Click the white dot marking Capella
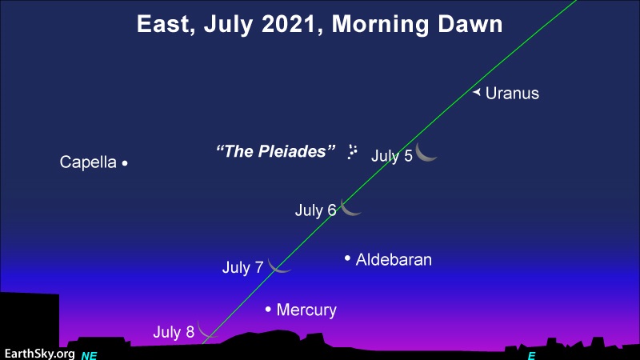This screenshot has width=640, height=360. tap(125, 163)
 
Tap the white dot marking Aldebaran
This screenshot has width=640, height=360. tap(347, 258)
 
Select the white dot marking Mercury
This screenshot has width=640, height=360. tap(268, 310)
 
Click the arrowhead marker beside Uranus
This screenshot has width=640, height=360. tap(476, 93)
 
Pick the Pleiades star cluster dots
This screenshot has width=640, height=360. tap(352, 151)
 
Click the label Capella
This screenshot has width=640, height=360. tap(88, 162)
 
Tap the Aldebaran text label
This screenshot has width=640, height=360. tap(394, 259)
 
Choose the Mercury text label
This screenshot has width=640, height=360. tap(306, 310)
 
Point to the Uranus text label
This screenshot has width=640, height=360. tap(512, 93)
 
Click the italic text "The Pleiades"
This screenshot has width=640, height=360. tap(275, 151)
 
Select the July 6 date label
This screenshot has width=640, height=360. tap(315, 210)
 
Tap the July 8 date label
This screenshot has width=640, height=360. tap(174, 332)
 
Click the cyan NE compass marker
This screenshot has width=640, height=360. tap(89, 355)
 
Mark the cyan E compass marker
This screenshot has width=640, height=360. tap(531, 355)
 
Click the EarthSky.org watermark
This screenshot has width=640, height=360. tap(39, 354)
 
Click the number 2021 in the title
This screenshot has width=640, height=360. tap(289, 24)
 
